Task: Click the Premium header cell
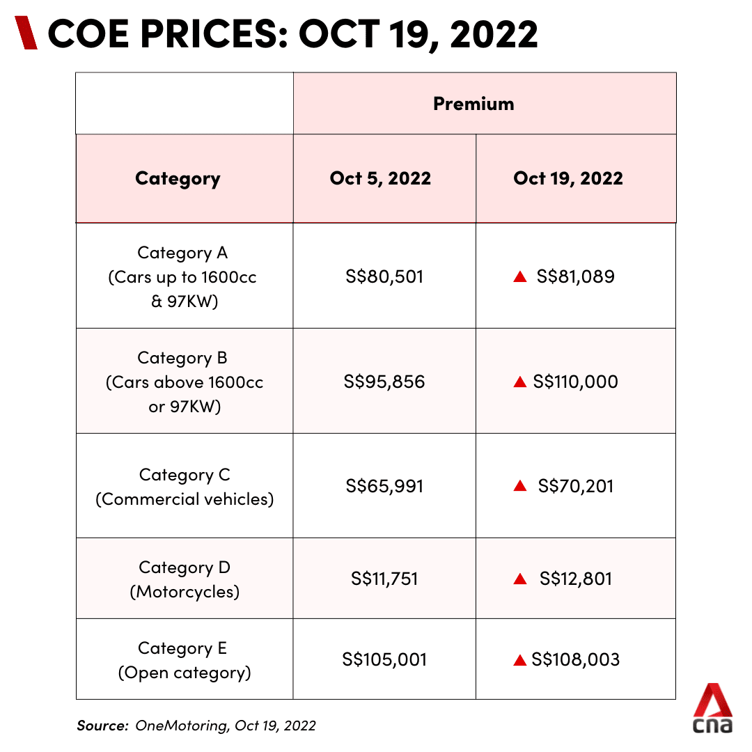coord(473,104)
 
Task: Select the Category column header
coord(178,178)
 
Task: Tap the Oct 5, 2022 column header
coord(380,178)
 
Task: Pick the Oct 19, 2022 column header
coord(568,178)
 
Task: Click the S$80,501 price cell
coord(384,276)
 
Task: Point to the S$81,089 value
coord(576,276)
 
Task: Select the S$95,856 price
coord(384,382)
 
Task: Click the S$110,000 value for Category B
coord(575,382)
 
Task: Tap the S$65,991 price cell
coord(384,486)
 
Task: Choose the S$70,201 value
coord(576,486)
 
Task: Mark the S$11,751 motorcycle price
coord(384,579)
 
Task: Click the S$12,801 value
coord(576,579)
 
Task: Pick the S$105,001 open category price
coord(384,659)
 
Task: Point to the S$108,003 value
coord(575,659)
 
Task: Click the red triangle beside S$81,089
coord(519,277)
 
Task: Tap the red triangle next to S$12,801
coord(519,579)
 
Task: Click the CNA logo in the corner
coord(712,708)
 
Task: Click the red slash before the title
coord(26,33)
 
